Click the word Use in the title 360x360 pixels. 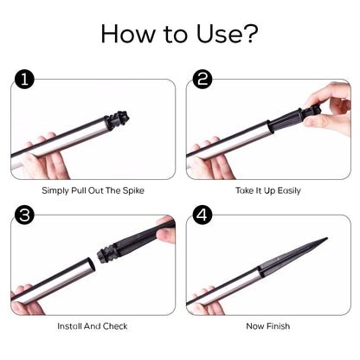point(220,34)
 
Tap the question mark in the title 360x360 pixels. point(250,33)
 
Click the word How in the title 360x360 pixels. point(128,34)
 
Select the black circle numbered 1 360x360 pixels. point(24,79)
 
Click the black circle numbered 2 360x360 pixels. point(202,79)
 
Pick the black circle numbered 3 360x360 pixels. point(24,215)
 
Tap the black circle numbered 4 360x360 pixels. point(202,215)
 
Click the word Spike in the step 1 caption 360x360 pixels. point(133,190)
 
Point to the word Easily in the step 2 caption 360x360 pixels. point(288,190)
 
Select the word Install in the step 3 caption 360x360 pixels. point(69,326)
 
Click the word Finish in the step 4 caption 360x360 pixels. point(279,326)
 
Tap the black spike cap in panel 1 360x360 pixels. point(117,121)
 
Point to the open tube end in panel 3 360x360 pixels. point(91,265)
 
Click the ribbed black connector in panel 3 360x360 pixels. point(106,253)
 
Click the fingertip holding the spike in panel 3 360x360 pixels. point(165,235)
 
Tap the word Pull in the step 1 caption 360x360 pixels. point(79,190)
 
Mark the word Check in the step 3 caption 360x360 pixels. point(115,326)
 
